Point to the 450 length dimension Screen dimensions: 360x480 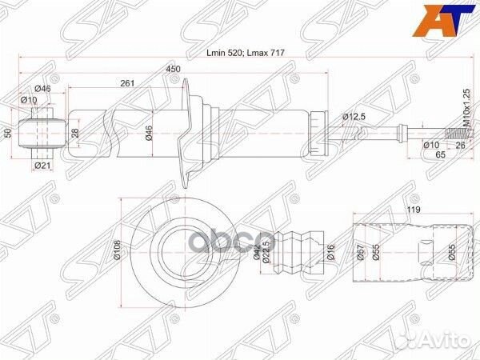pos(173,69)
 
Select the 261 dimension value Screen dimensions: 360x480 pos(126,82)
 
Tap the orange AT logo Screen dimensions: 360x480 pos(453,17)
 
